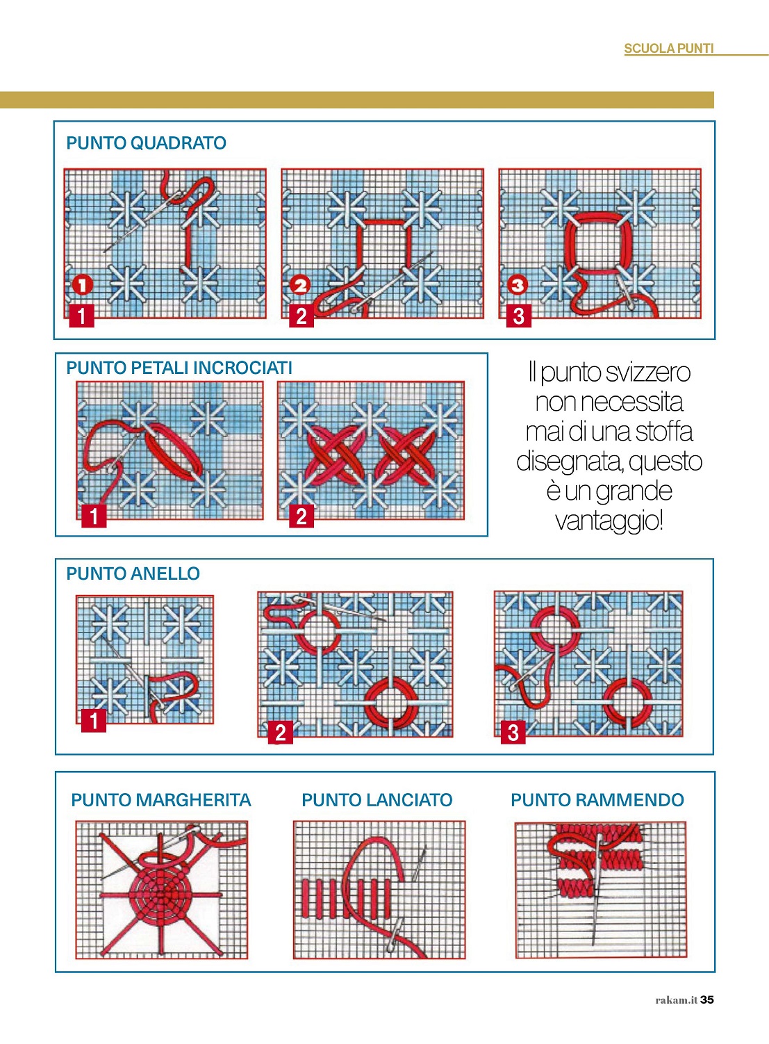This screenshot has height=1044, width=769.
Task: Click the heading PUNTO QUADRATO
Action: pos(147,143)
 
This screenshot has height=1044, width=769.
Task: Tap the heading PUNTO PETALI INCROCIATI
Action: pos(179,368)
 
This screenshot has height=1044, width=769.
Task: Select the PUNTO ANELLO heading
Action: pos(133,573)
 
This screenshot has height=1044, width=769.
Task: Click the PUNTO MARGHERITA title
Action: pos(161,800)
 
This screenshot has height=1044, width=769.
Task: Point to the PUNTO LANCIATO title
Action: pos(377,800)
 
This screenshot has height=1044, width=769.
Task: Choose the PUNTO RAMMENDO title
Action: pos(597,800)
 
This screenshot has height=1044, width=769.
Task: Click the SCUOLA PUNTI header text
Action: pos(669,49)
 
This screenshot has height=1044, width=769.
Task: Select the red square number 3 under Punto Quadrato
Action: pos(519,316)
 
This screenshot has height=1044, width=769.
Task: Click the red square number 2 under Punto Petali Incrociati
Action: pos(301,516)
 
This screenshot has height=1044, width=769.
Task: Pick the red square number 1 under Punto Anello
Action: pos(94,721)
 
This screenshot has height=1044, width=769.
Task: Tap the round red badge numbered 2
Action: pos(300,285)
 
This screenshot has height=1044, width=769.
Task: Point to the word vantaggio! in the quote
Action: pos(609,521)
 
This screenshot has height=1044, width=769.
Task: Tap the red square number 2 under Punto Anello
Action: pos(281,732)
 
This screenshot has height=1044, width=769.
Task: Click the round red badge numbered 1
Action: pos(83,285)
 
